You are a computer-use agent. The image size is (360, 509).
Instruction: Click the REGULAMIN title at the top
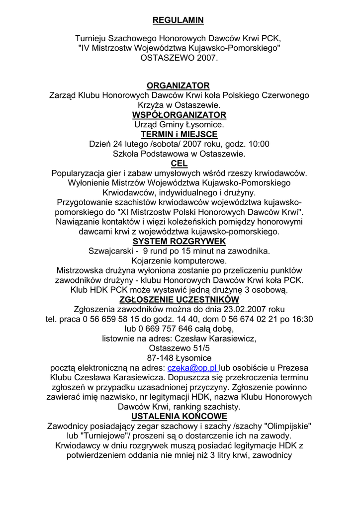tap(178, 20)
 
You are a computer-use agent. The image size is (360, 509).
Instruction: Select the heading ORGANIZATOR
tap(178, 86)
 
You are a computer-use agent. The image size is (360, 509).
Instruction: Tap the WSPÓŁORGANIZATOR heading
tap(179, 115)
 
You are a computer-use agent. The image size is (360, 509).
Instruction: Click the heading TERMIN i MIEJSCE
tap(179, 135)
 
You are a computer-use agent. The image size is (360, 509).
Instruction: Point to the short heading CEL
tap(179, 164)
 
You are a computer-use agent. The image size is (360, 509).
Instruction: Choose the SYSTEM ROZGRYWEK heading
tap(179, 242)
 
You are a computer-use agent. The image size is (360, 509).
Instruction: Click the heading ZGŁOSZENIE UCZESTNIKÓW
tap(179, 299)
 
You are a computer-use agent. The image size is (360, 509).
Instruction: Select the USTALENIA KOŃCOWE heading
tap(179, 416)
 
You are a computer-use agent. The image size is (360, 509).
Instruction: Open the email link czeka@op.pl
tap(193, 368)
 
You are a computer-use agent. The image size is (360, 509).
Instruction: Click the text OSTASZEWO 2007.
tap(179, 58)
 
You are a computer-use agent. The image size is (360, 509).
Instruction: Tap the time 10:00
tap(259, 144)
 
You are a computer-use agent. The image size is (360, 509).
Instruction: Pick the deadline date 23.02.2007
tap(245, 309)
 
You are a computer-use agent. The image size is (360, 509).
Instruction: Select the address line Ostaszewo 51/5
tap(179, 348)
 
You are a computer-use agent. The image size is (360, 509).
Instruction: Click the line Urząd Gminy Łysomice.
tap(179, 125)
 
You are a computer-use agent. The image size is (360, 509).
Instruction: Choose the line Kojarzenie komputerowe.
tap(179, 260)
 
